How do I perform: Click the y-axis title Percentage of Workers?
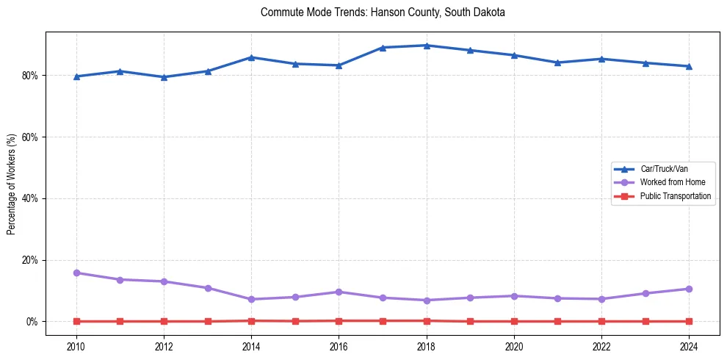11,184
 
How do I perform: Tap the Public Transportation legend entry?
675,196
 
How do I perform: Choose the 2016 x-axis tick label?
339,347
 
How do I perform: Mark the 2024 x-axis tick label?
689,347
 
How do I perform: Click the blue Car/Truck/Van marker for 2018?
427,46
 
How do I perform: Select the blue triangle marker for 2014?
251,57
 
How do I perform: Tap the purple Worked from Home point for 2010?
76,273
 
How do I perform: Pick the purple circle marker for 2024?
689,289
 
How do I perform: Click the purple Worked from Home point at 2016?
339,292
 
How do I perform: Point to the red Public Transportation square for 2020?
514,321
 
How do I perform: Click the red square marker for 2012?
164,321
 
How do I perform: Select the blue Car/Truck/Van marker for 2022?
601,59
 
